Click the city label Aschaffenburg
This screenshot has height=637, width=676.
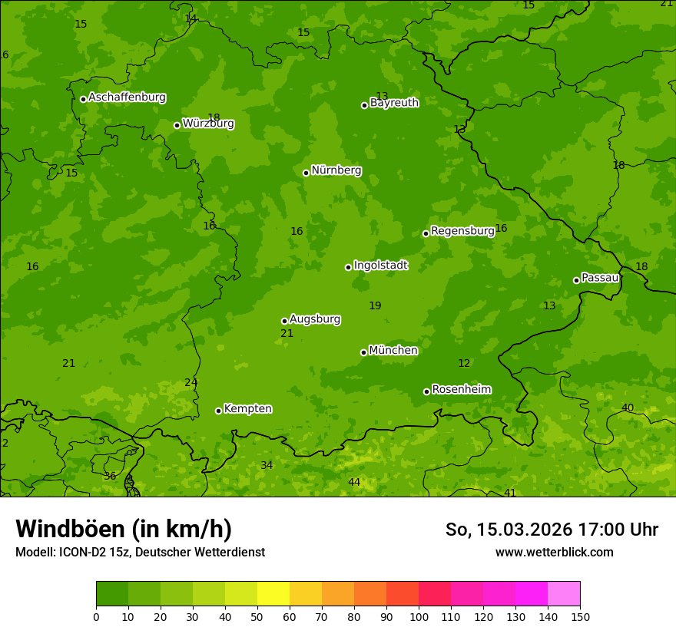[x=127, y=97]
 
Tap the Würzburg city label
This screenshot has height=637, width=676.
[x=208, y=124]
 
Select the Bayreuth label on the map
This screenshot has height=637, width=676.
[x=394, y=103]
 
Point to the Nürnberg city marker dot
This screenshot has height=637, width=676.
[x=306, y=173]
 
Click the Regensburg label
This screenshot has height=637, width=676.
[x=462, y=231]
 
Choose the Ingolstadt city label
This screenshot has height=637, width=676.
[x=380, y=266]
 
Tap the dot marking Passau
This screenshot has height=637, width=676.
[x=576, y=280]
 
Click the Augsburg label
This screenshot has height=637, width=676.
[x=315, y=319]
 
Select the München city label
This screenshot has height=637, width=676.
[x=393, y=351]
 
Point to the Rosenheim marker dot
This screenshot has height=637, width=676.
[x=426, y=391]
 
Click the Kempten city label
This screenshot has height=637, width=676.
[x=247, y=409]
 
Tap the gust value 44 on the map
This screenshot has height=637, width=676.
[x=354, y=482]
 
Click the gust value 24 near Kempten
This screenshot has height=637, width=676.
[x=191, y=382]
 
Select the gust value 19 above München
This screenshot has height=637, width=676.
[x=375, y=305]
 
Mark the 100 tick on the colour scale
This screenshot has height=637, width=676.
[x=419, y=616]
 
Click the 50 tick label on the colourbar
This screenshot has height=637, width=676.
[x=257, y=616]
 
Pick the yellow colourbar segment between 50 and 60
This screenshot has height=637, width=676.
[x=273, y=594]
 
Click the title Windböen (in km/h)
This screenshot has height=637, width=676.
[x=124, y=529]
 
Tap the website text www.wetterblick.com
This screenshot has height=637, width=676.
[x=554, y=553]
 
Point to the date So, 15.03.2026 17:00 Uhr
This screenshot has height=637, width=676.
[x=552, y=530]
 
